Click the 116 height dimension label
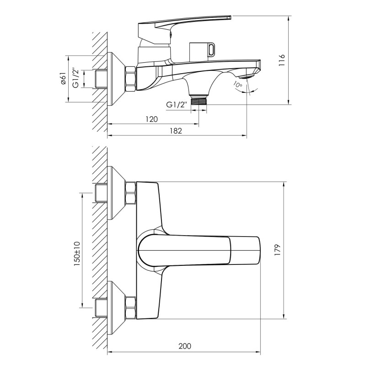[x=282, y=60]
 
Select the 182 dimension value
[x=176, y=131]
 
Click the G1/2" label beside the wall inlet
[x=75, y=79]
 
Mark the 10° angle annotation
[x=238, y=84]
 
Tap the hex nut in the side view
[x=130, y=78]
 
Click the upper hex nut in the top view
[x=130, y=193]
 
